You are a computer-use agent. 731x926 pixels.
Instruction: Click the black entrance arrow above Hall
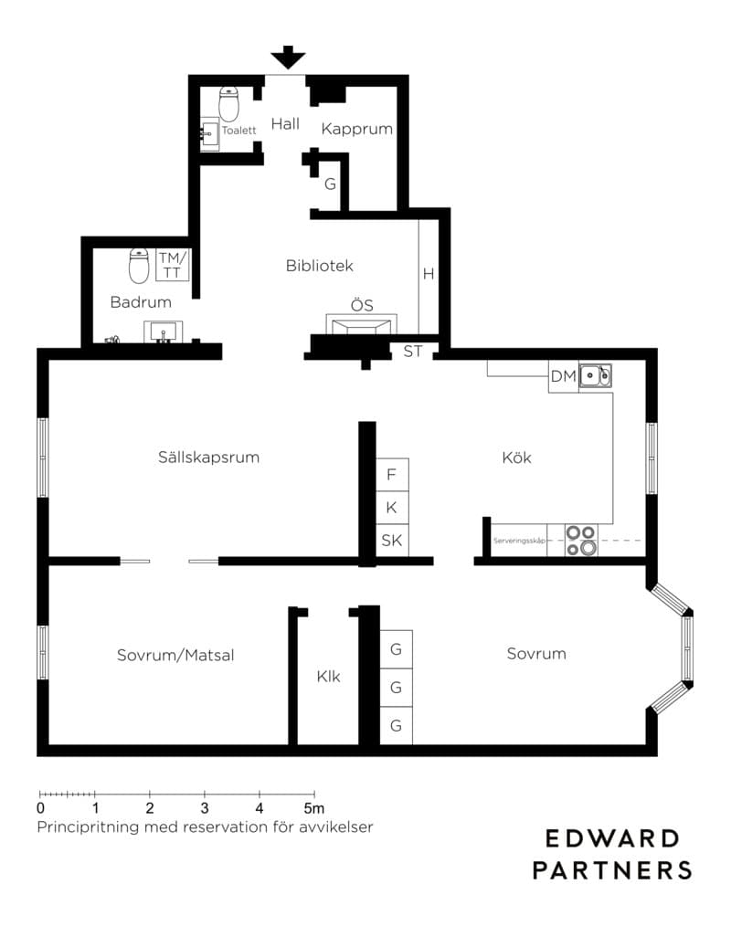[x=289, y=58]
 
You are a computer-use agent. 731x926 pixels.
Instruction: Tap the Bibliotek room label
[x=319, y=266]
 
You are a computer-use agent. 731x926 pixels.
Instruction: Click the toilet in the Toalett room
[x=228, y=104]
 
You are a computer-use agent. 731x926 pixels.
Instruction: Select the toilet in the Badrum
[x=139, y=266]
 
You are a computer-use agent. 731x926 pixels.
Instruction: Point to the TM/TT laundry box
[x=173, y=265]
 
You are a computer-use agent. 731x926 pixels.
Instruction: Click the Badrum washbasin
[x=163, y=331]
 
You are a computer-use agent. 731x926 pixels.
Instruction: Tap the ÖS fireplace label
[x=362, y=305]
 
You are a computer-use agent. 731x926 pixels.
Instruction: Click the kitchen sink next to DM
[x=595, y=375]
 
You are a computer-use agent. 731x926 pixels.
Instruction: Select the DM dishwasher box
[x=563, y=377]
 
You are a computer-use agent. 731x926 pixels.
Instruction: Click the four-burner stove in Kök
[x=581, y=541]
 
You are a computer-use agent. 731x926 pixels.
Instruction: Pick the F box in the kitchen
[x=392, y=474]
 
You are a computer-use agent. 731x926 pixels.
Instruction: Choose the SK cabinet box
[x=392, y=541]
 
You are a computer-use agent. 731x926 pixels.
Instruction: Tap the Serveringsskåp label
[x=519, y=541]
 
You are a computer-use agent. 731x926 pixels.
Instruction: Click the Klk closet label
[x=328, y=676]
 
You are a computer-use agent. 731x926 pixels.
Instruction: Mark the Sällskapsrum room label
[x=208, y=458]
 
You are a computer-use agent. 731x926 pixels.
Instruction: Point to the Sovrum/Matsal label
[x=175, y=655]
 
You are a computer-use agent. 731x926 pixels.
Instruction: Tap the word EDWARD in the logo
[x=612, y=838]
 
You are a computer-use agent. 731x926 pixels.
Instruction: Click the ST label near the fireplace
[x=412, y=352]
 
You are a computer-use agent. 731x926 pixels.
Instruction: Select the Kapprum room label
[x=357, y=130]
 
